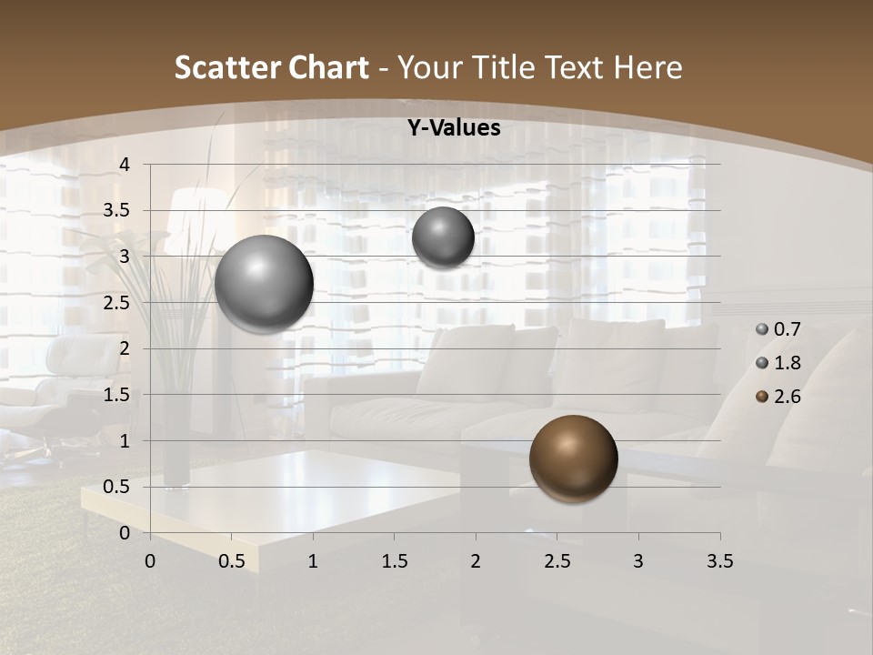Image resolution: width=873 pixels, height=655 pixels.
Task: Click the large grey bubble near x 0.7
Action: click(x=265, y=284)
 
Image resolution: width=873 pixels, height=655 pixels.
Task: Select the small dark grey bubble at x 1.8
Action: click(x=443, y=237)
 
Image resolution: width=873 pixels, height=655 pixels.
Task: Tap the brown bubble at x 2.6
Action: click(x=573, y=458)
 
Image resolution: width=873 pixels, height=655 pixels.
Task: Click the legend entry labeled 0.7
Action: click(x=779, y=329)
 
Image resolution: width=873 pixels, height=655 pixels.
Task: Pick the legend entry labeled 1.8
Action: click(x=779, y=363)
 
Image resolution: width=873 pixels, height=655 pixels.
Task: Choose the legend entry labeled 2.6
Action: click(x=779, y=397)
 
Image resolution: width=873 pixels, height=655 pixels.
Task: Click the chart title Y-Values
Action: click(x=453, y=128)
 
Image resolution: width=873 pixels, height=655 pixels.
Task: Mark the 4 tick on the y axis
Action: click(x=125, y=165)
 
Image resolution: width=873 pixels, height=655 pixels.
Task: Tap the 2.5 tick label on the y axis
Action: click(x=115, y=303)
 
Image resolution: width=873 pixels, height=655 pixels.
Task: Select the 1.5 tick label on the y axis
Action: click(x=115, y=395)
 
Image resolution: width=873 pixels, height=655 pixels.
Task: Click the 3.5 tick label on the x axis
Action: click(x=719, y=561)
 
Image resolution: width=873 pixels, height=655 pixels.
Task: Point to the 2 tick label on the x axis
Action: click(x=476, y=561)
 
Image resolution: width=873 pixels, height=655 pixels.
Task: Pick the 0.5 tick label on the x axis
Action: click(x=231, y=561)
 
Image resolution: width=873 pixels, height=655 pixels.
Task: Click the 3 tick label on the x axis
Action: click(x=638, y=561)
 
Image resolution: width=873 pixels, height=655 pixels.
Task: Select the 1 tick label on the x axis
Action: click(x=313, y=561)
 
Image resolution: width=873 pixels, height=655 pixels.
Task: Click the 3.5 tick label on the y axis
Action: click(x=115, y=211)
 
